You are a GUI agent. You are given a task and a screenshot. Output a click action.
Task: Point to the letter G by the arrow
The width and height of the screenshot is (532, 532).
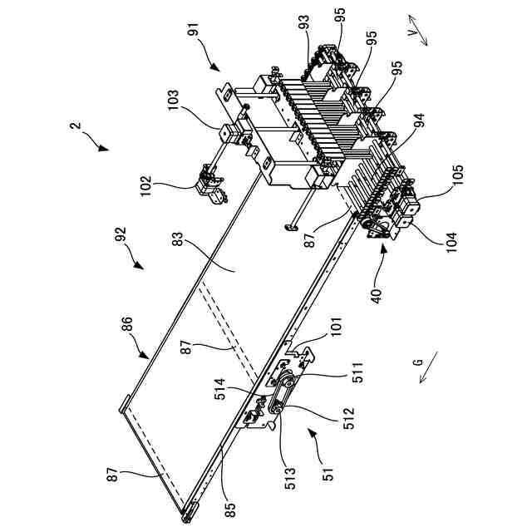point(418,364)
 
